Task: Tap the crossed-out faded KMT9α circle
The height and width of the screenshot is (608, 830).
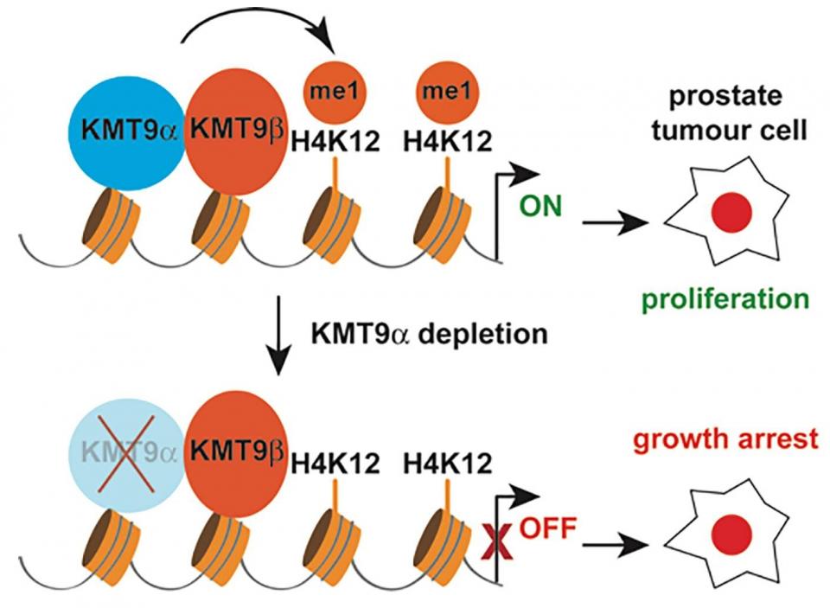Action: coord(125,451)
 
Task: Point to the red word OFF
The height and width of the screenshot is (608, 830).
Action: coord(547,527)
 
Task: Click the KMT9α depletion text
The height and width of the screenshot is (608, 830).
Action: coord(427,333)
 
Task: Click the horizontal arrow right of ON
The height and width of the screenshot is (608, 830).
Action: coord(615,224)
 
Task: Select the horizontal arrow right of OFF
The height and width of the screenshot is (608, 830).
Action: coord(615,544)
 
